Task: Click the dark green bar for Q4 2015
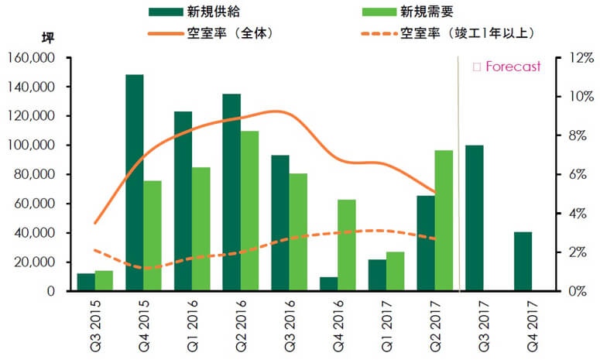click(135, 183)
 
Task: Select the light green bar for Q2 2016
click(249, 211)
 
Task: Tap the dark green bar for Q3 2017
click(474, 218)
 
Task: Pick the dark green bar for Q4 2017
click(523, 261)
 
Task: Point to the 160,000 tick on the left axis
click(30, 58)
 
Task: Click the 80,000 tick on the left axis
click(33, 174)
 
